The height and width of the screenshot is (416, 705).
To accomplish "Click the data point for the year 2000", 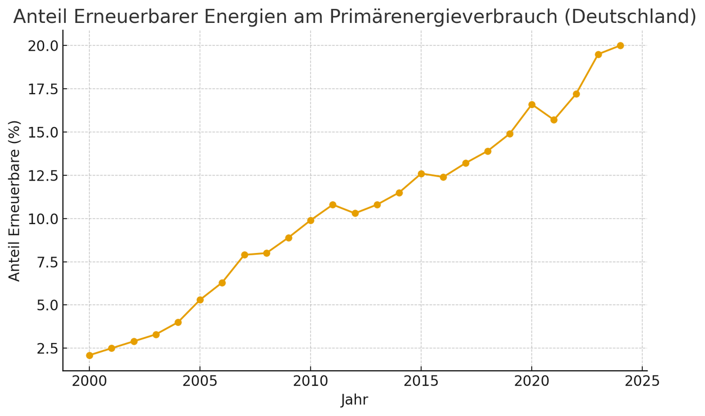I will (x=89, y=355).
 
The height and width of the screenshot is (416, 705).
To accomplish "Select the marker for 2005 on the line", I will (x=200, y=300).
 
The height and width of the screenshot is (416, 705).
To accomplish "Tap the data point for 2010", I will (x=311, y=221).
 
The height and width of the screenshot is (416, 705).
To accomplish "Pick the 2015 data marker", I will (x=421, y=174).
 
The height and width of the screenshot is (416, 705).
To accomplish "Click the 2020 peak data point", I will (x=532, y=105).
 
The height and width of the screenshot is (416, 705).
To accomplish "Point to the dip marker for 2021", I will (x=554, y=120).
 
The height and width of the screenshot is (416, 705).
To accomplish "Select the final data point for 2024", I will (x=620, y=45).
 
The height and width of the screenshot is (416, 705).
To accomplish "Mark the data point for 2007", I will (x=244, y=255).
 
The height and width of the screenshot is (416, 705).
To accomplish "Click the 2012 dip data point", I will (x=355, y=214).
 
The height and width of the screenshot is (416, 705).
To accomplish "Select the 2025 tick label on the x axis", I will (x=642, y=381).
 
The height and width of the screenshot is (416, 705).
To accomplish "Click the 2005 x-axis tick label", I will (x=200, y=381).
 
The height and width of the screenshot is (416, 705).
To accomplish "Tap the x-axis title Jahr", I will (x=354, y=400).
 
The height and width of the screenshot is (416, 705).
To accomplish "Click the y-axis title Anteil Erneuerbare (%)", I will (x=15, y=201).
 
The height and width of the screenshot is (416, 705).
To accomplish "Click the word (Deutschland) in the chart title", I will (x=630, y=16).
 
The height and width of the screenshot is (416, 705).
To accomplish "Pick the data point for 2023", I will (x=598, y=55).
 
